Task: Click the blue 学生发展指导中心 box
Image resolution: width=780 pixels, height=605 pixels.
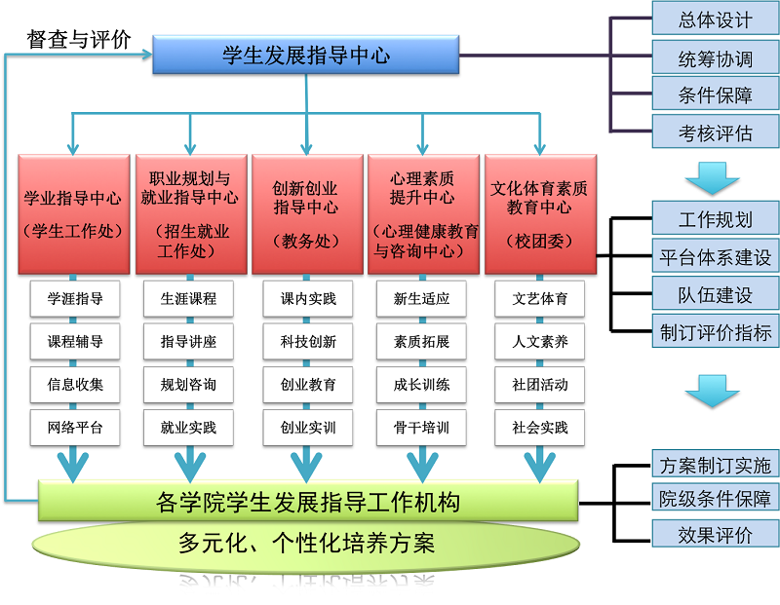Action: coord(305,56)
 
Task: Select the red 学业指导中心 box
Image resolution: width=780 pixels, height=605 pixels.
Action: coord(74,213)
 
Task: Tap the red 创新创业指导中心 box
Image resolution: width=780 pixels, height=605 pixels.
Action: coord(306,213)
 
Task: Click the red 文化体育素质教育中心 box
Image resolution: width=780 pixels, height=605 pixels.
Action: coord(539,213)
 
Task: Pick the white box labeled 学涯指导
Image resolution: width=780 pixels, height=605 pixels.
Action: coord(75,299)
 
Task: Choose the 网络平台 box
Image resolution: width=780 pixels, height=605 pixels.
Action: coord(75,428)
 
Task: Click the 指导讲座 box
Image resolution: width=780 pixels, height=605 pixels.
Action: coord(189,342)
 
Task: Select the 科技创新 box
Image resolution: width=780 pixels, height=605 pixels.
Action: coord(308,342)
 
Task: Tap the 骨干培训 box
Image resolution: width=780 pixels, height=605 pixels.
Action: coord(421,428)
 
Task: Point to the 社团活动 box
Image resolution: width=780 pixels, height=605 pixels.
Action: coord(539,385)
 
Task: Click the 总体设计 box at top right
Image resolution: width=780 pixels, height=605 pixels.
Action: coord(715,19)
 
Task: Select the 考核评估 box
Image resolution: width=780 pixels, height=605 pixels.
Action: coord(715,132)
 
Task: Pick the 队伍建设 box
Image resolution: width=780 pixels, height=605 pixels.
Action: coord(715,295)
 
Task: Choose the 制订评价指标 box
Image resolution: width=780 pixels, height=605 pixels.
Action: coord(715,332)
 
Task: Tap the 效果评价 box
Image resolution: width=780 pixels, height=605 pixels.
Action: coord(715,534)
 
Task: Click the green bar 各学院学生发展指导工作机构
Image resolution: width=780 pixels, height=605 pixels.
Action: coord(308,502)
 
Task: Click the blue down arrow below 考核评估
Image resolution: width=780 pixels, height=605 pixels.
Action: coord(713,179)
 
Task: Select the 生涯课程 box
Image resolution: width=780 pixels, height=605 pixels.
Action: coord(189,299)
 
